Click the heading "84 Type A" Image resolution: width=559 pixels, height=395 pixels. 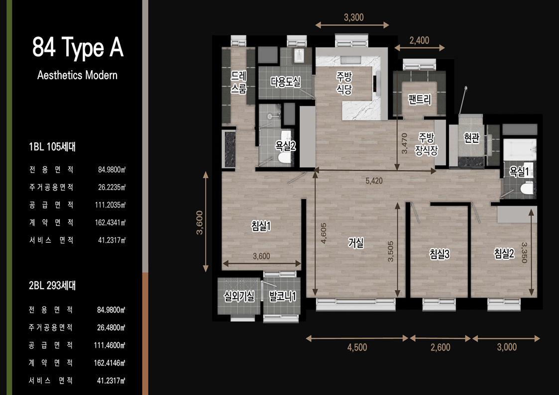[78, 47]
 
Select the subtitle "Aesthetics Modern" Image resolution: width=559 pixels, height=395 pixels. [77, 75]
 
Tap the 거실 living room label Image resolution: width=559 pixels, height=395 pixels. [356, 243]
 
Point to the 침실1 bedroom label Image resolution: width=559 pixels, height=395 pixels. [261, 226]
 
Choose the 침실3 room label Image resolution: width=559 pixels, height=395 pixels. [440, 254]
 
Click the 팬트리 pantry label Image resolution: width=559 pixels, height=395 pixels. [420, 99]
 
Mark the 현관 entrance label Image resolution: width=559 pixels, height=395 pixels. [472, 137]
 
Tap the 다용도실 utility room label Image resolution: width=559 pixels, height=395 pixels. [285, 82]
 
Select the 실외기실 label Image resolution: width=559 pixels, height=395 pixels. [239, 296]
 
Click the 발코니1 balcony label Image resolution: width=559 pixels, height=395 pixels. [282, 296]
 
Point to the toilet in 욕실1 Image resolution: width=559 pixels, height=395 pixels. [527, 188]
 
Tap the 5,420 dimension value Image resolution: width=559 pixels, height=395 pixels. [374, 181]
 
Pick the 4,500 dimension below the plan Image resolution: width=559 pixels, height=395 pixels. [357, 347]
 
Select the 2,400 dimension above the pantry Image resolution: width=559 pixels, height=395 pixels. [419, 40]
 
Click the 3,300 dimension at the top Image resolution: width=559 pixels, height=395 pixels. [353, 17]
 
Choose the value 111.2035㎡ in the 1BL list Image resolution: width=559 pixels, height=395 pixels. [111, 205]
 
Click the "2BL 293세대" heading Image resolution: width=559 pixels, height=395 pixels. [52, 285]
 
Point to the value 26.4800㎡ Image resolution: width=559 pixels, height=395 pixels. [111, 327]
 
